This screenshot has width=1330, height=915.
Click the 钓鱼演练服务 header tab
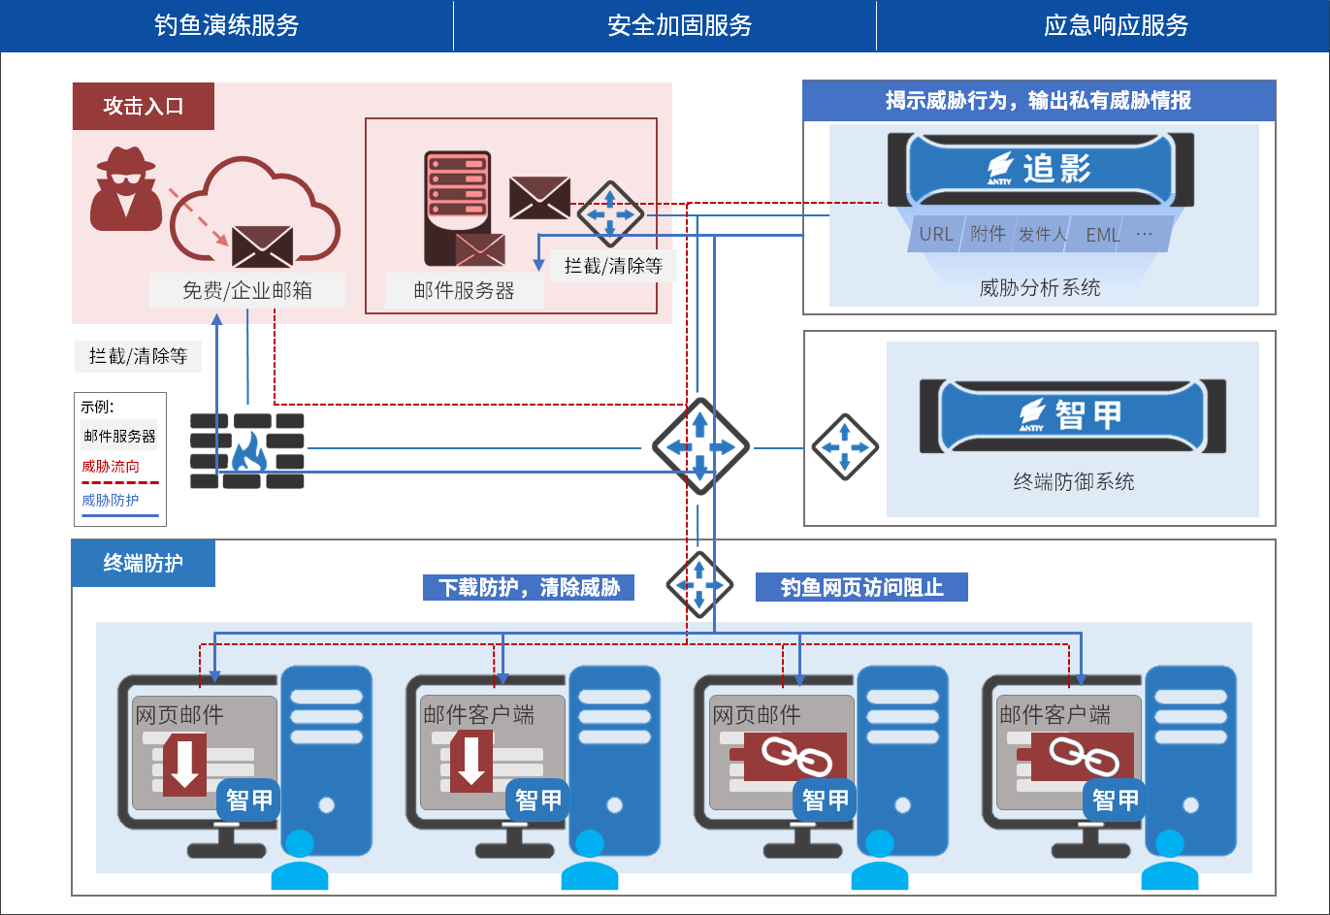(x=226, y=25)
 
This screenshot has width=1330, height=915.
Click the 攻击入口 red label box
(x=144, y=107)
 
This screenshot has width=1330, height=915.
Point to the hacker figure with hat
(x=126, y=189)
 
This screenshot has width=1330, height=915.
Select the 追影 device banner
(x=1040, y=169)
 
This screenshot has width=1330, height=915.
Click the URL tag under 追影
(x=936, y=235)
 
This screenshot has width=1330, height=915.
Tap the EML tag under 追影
(x=1103, y=235)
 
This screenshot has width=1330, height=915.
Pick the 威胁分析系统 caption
(x=1040, y=288)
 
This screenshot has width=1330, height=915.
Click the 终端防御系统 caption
(x=1074, y=481)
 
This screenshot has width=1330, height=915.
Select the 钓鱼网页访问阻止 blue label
(x=861, y=587)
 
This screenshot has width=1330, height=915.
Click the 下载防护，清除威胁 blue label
(x=529, y=587)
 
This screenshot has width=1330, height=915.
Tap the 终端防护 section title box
(x=144, y=563)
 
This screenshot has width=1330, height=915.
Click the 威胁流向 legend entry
(x=111, y=467)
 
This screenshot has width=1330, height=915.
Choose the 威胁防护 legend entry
(x=110, y=501)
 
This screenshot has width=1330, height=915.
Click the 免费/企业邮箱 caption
(x=247, y=290)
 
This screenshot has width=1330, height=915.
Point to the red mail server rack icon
(x=457, y=208)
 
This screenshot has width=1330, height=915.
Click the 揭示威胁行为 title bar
(x=1039, y=100)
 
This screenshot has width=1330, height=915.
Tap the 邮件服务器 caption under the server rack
(x=464, y=290)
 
